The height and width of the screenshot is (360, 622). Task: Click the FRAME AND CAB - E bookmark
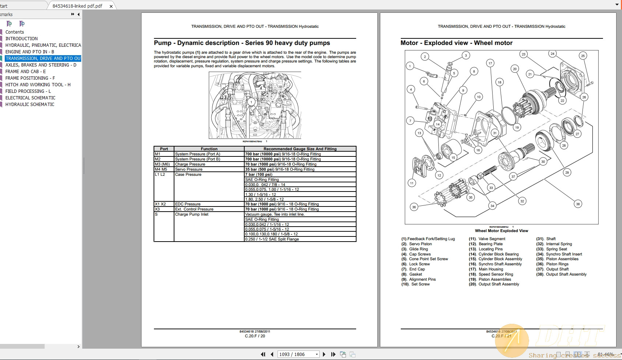[26, 72]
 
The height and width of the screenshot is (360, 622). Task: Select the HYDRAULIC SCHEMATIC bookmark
[30, 105]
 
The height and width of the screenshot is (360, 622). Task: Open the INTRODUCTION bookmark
[21, 39]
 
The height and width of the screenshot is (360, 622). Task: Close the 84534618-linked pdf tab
[111, 6]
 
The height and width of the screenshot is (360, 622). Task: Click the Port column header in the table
[164, 149]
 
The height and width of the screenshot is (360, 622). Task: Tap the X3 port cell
[158, 209]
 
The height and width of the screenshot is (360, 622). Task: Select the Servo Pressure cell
[189, 170]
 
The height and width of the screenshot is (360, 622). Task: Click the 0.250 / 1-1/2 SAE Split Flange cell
[272, 239]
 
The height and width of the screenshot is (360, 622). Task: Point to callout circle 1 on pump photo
[251, 102]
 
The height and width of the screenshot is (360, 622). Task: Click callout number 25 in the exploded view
[583, 56]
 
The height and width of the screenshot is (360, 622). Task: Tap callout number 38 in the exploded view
[578, 204]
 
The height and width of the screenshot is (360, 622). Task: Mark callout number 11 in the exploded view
[412, 183]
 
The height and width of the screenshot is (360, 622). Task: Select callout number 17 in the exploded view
[490, 63]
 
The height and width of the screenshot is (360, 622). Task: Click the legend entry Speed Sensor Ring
[496, 274]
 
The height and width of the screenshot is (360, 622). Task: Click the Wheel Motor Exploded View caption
[501, 231]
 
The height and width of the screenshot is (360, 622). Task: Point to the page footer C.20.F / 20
[255, 336]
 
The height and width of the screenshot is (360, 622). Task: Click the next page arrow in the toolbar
[324, 354]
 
